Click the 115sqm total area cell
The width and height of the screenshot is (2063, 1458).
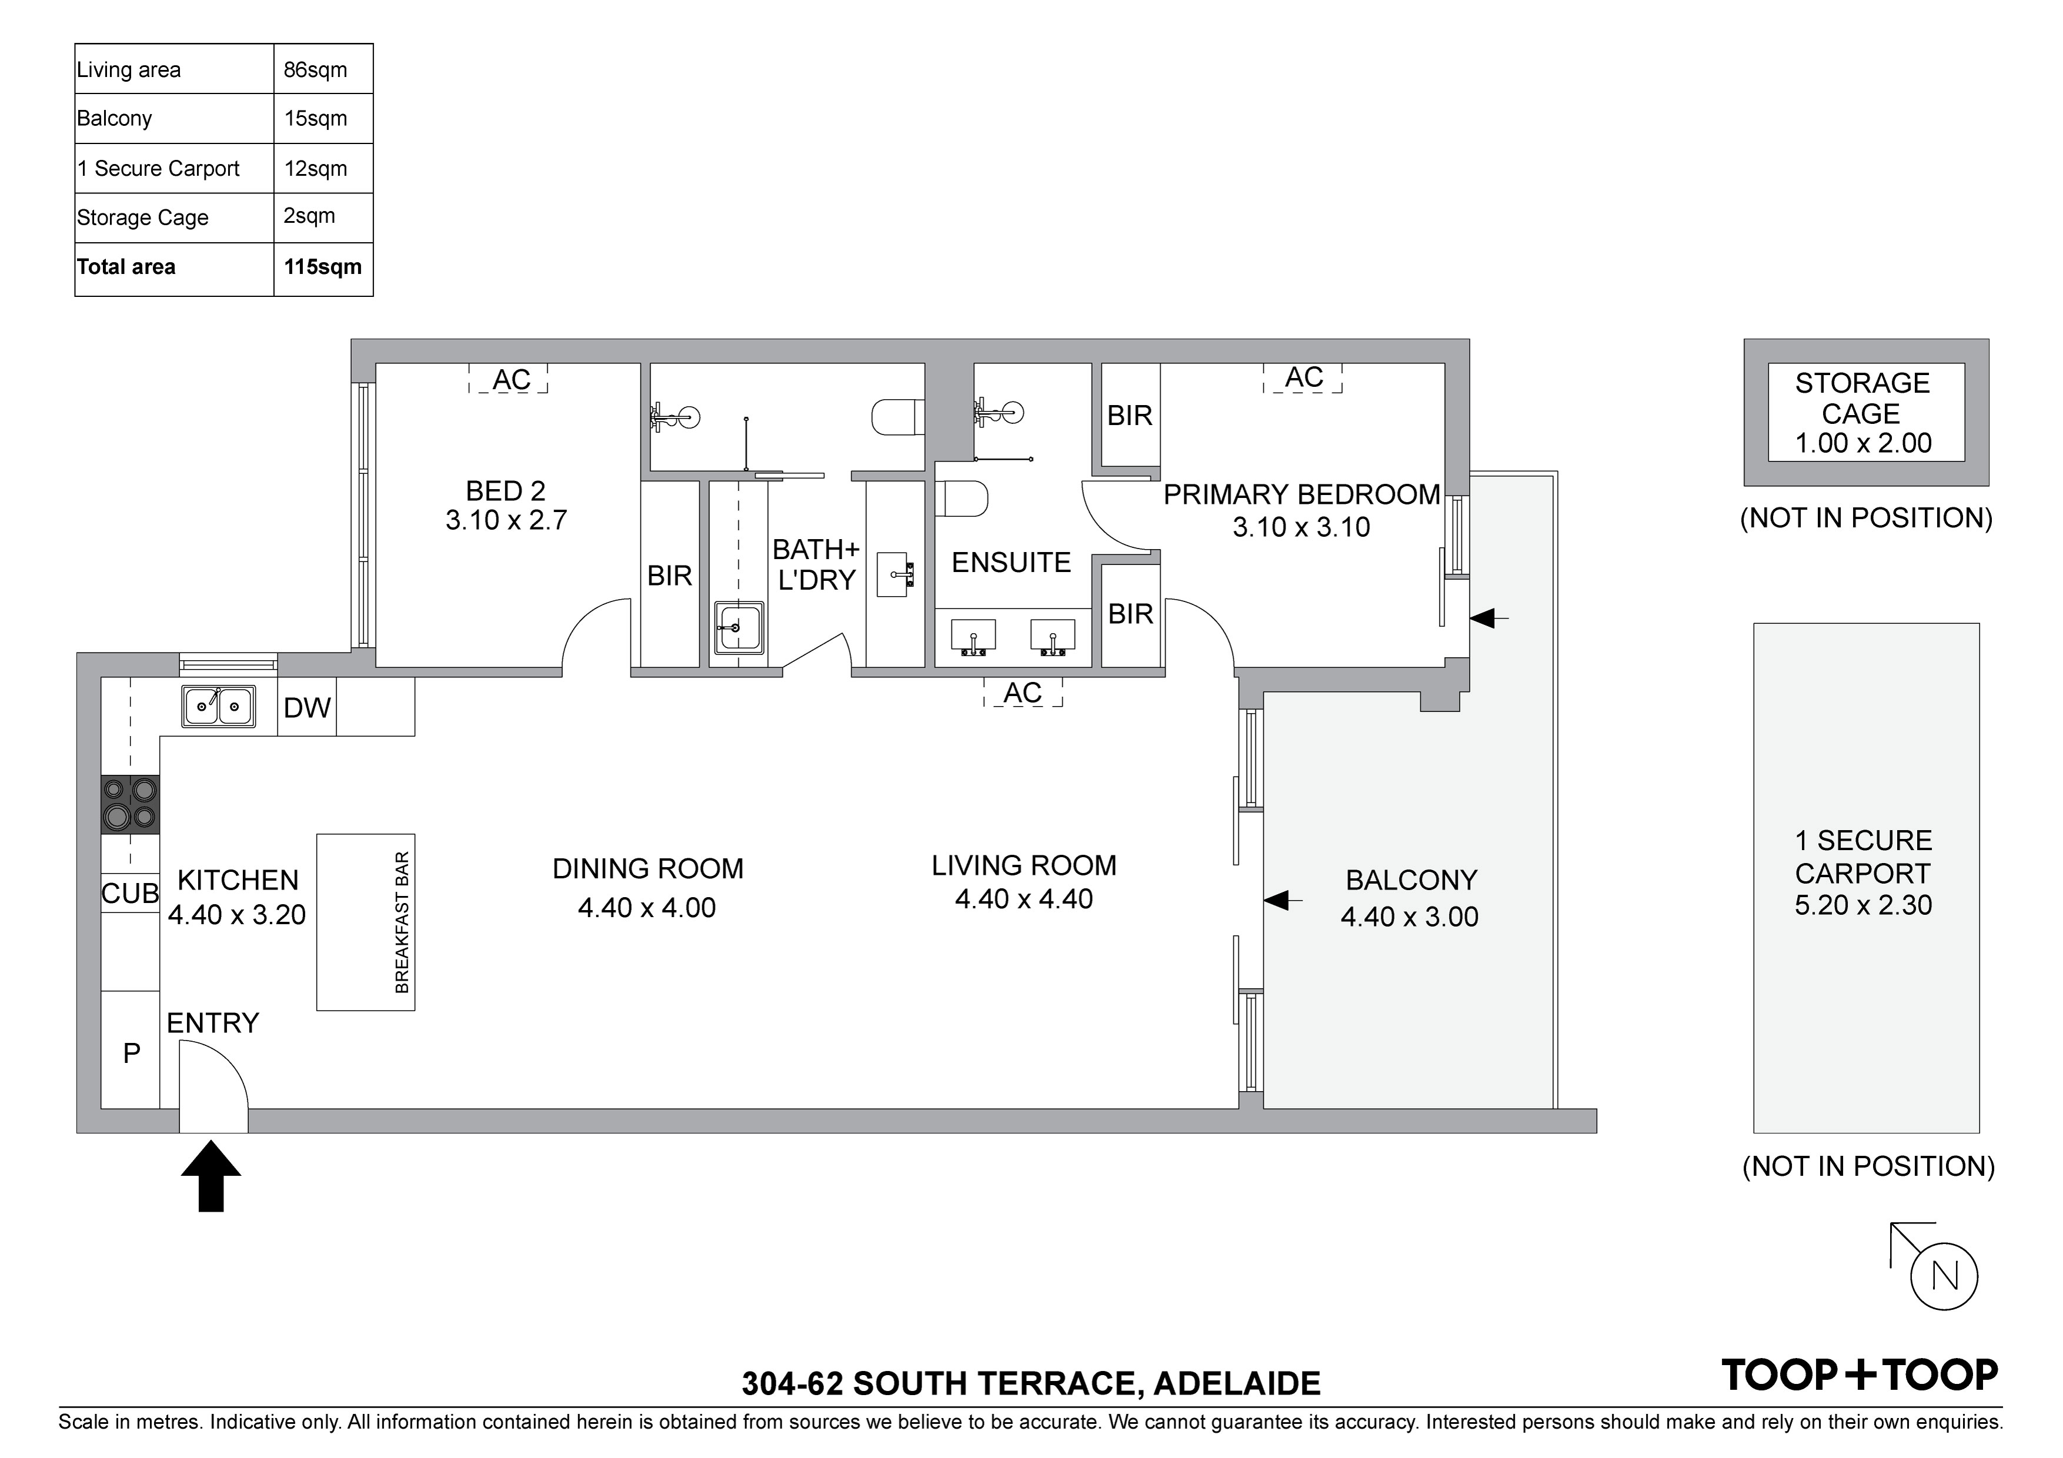click(x=323, y=267)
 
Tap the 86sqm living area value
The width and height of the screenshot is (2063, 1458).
click(x=315, y=70)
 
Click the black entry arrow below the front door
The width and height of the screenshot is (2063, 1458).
click(x=211, y=1176)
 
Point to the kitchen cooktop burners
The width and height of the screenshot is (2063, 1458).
click(x=131, y=804)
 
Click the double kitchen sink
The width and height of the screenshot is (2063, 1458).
click(x=218, y=706)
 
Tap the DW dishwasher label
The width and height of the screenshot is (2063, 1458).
click(x=308, y=708)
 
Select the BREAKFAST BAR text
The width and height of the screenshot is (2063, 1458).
click(x=402, y=922)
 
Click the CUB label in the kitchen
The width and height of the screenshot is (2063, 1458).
click(x=131, y=893)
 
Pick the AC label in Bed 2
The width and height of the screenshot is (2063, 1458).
click(x=511, y=380)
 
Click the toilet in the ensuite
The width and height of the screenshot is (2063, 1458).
click(x=962, y=499)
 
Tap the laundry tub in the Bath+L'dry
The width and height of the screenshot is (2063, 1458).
click(x=739, y=628)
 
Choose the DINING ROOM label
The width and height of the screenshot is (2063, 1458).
click(x=648, y=869)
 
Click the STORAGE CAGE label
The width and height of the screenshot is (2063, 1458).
click(x=1862, y=398)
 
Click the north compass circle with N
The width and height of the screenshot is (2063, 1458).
click(x=1944, y=1276)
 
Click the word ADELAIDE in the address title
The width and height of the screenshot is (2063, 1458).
click(x=1237, y=1383)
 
